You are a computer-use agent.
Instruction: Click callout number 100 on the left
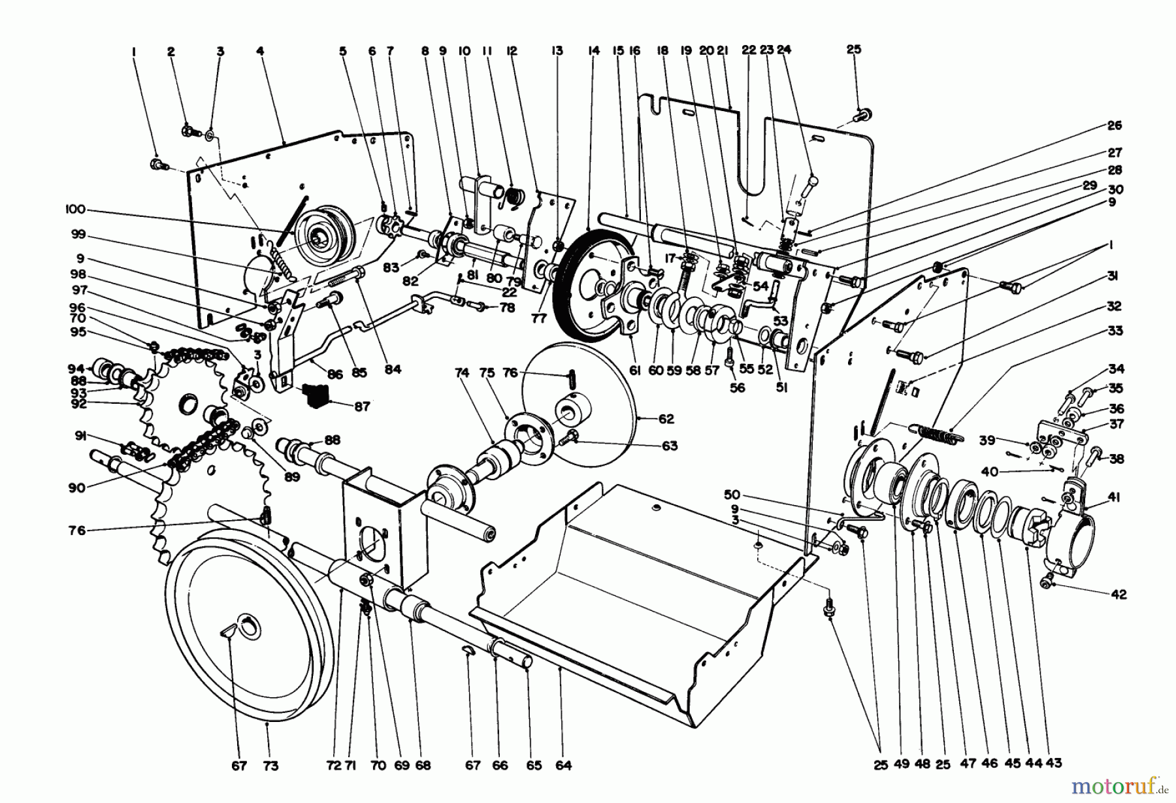76,210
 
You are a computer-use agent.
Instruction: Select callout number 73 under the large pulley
270,765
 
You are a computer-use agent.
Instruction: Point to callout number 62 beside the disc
666,419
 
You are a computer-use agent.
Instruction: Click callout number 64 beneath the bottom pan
564,765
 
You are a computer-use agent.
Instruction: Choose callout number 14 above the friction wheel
593,50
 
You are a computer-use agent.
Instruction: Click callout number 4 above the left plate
260,50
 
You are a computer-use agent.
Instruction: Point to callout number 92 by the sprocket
79,404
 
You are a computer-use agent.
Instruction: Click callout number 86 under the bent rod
335,374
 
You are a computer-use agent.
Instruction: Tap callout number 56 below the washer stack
737,387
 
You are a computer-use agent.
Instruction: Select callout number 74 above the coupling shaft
463,373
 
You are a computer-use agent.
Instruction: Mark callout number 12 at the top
511,50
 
